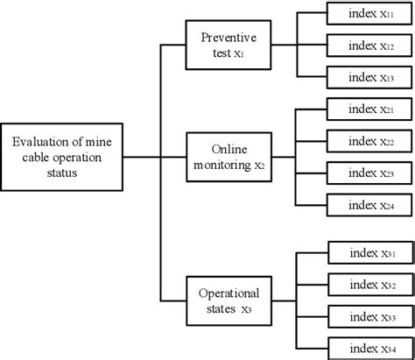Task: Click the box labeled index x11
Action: point(368,15)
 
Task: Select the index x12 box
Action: point(368,45)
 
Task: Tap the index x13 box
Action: point(368,76)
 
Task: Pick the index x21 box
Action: point(368,109)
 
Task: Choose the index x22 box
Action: point(368,141)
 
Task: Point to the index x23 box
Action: point(368,173)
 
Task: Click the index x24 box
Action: point(368,204)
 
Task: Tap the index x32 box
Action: point(368,284)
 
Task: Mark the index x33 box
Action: point(368,315)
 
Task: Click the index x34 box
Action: point(368,346)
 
